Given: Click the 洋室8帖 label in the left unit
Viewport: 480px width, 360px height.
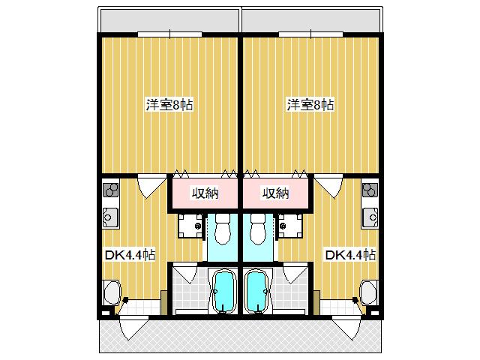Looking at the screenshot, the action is pos(169,105).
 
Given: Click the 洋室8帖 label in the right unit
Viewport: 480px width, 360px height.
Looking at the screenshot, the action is pos(310,105).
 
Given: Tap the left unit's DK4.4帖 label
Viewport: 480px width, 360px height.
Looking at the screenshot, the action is pos(130,255).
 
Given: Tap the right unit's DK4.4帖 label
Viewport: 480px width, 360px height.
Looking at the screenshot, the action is pos(350,255).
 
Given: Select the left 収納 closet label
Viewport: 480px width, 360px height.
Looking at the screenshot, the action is pos(205,193).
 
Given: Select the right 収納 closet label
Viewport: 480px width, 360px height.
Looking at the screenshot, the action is pos(276,193).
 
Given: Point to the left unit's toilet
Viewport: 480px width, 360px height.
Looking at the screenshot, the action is pos(223,229).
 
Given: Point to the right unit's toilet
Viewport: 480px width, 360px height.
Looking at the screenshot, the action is pos(258,229).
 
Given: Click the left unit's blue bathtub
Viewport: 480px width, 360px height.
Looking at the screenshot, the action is pos(224,292).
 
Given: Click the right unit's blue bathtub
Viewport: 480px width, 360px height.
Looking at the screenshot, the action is pos(256,292).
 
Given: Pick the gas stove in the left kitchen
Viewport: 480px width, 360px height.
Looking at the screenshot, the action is pos(110,190).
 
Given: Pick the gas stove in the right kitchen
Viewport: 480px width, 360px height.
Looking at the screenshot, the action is pos(370,190).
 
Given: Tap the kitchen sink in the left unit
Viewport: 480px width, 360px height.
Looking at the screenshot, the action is pos(110,217).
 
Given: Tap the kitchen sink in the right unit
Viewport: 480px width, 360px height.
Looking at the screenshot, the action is pos(370,217).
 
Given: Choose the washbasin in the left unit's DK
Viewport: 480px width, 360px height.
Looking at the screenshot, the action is pos(112,292).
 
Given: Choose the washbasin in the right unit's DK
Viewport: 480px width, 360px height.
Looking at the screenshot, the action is pos(369,292).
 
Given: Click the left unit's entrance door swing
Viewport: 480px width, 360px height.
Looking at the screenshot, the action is pos(131,328).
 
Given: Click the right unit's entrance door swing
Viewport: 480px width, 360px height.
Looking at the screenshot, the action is pos(348,328).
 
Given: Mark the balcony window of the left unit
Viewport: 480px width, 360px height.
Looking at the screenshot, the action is pos(170,34).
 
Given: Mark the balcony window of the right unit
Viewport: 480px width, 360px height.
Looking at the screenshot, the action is pos(310,34).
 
